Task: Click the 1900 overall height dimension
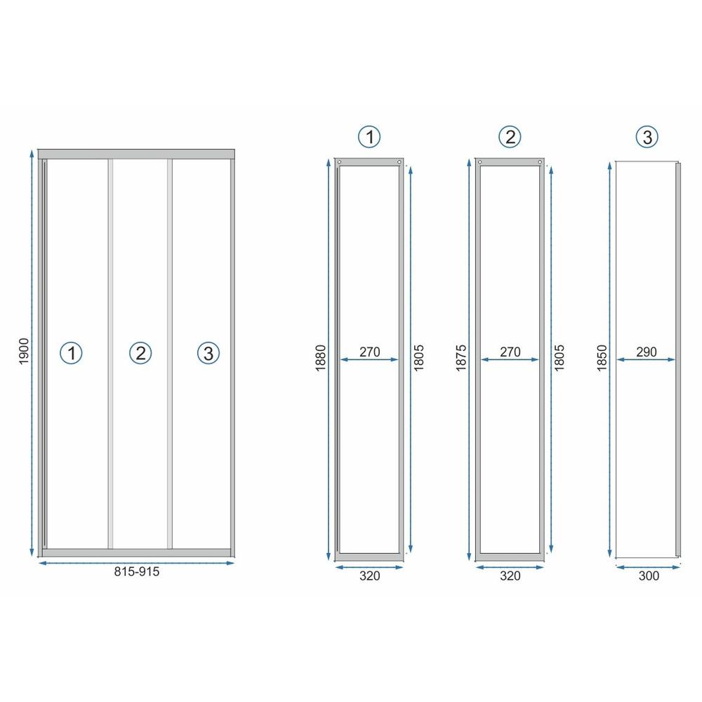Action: (24, 351)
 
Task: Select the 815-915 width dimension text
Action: (137, 571)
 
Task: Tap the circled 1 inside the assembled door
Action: (71, 352)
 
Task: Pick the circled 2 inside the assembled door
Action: (140, 352)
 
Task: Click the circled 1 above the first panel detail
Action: (369, 137)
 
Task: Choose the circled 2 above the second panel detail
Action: (510, 137)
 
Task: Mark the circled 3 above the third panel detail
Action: (646, 137)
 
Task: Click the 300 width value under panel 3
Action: (649, 576)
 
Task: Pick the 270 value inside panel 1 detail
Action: (369, 352)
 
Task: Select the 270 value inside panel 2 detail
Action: (510, 352)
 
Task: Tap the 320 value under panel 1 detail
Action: (369, 576)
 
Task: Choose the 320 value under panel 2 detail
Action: (510, 576)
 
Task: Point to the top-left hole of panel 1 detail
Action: (340, 162)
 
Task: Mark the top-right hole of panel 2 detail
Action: (539, 162)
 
